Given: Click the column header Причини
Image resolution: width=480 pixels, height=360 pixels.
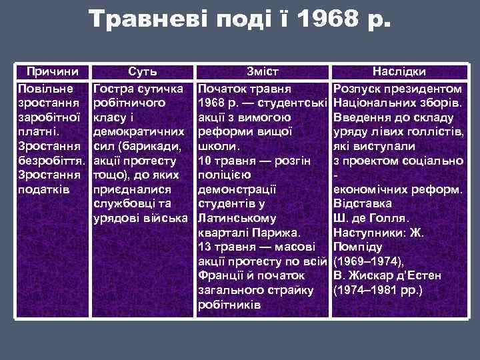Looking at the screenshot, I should click(x=52, y=71).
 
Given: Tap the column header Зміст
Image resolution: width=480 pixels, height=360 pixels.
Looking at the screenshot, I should click(x=263, y=71).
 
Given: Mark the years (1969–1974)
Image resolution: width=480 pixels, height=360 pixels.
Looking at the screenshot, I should click(x=367, y=261).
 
